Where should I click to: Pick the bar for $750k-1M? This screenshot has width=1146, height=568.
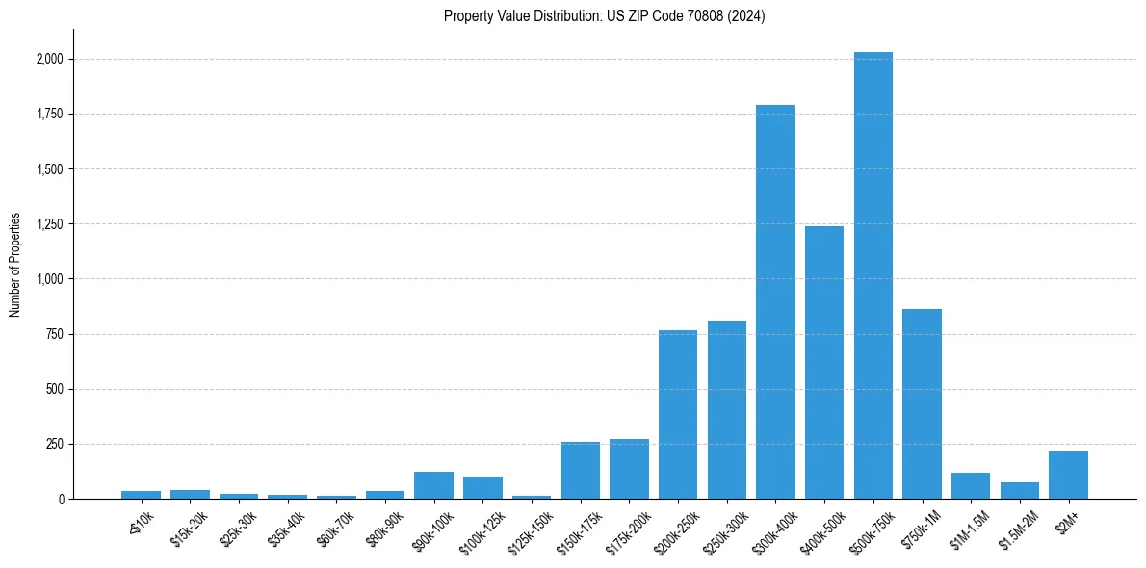coord(922,403)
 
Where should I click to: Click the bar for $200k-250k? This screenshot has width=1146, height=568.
coord(678,414)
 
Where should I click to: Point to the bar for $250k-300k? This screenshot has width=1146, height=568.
coord(727,409)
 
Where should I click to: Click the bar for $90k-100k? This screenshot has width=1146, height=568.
coord(433,485)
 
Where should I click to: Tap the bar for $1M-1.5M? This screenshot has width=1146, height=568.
coord(971,485)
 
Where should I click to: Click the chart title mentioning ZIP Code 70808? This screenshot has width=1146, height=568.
coord(604,16)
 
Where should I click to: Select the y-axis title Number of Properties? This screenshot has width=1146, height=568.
coord(15,265)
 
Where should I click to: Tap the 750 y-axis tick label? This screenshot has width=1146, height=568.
coord(55,334)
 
